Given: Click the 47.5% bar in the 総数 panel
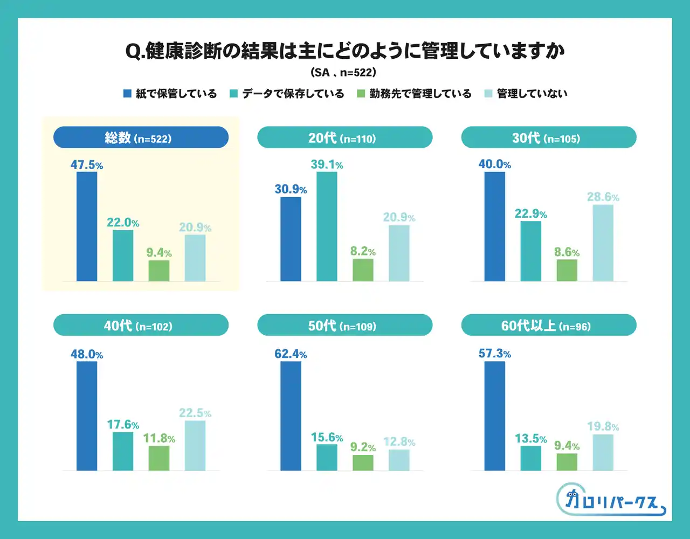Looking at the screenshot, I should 87,226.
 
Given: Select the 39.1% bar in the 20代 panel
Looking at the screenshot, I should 327,226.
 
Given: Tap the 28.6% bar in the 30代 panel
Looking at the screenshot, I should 603,243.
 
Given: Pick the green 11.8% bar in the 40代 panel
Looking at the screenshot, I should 159,458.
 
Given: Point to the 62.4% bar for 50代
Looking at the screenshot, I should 291,416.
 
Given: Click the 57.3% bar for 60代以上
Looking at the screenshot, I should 495,416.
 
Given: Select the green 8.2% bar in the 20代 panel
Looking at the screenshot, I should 363,270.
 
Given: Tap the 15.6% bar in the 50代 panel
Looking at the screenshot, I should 327,457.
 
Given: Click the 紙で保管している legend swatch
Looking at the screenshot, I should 128,94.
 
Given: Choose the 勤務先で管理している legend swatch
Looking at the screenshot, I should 361,94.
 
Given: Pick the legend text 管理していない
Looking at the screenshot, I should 532,94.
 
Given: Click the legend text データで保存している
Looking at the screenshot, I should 293,94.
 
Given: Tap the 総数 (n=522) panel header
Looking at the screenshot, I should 141,137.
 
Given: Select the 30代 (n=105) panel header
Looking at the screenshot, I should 549,137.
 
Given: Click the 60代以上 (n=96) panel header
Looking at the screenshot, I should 549,325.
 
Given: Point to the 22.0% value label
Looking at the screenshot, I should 123,223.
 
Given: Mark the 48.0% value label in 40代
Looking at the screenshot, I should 87,354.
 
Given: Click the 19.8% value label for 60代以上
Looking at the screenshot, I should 603,427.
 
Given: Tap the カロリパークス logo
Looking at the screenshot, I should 610,500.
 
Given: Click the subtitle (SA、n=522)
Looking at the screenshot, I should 344,72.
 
